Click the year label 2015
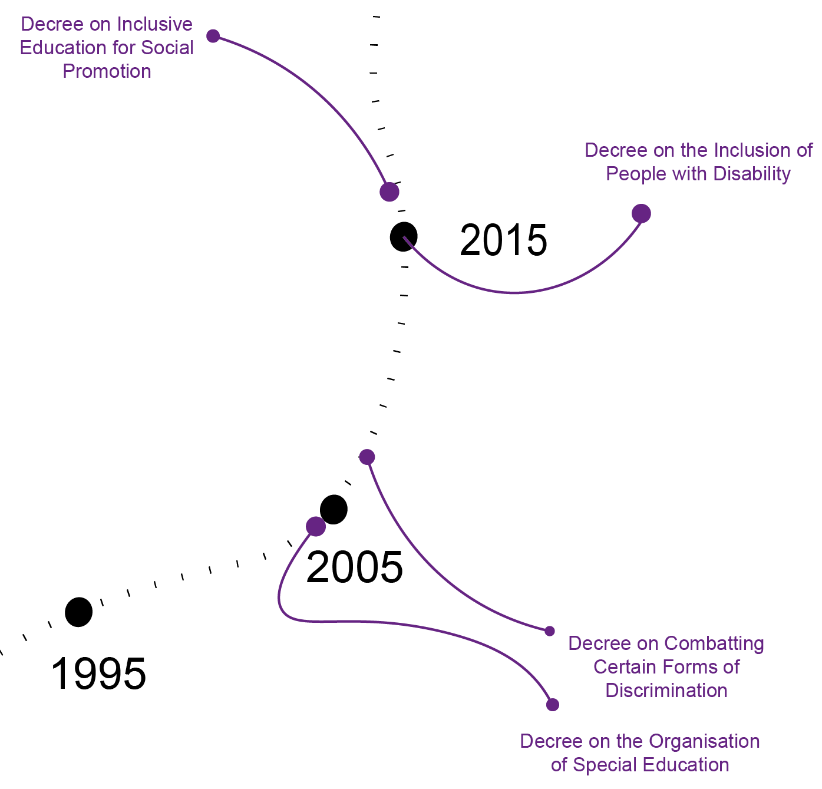pos(503,240)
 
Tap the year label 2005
pos(355,567)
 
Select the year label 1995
pos(98,674)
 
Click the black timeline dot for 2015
pos(404,237)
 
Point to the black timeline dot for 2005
pos(334,509)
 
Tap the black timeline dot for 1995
pos(78,612)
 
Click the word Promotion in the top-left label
pos(107,71)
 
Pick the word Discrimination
pos(666,691)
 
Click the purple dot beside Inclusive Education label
pos(213,36)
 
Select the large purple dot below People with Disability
pos(641,213)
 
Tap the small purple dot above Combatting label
pos(550,631)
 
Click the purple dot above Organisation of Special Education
pos(552,705)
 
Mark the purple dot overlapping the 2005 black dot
pos(316,526)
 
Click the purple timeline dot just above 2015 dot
pos(389,192)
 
